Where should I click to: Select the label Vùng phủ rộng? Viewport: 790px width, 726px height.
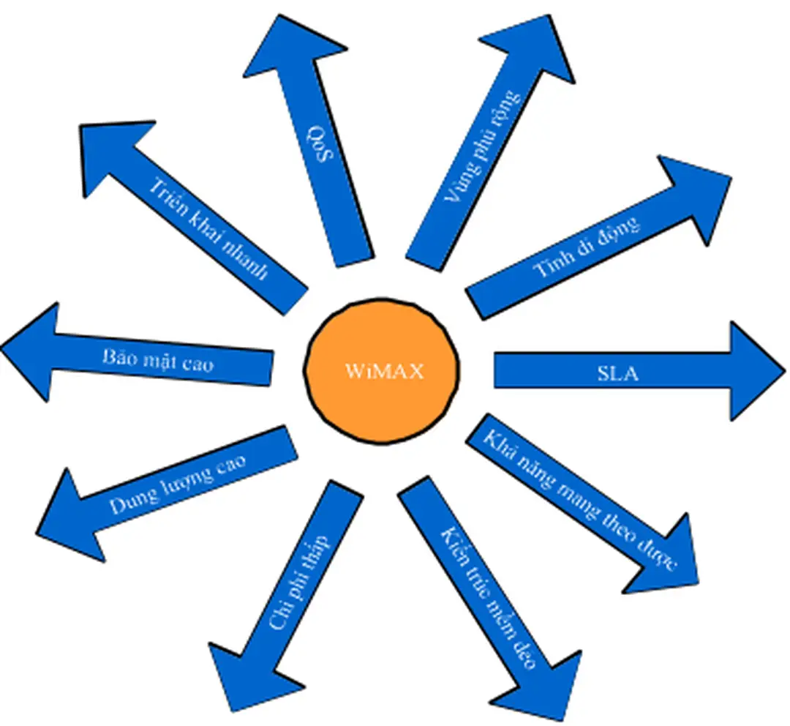coord(484,146)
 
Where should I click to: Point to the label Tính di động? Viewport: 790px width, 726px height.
coord(586,247)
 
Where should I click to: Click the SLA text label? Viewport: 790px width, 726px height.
coord(617,373)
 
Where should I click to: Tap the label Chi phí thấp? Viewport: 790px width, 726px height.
coord(300,583)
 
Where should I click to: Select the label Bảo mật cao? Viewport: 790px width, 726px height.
coord(158,358)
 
